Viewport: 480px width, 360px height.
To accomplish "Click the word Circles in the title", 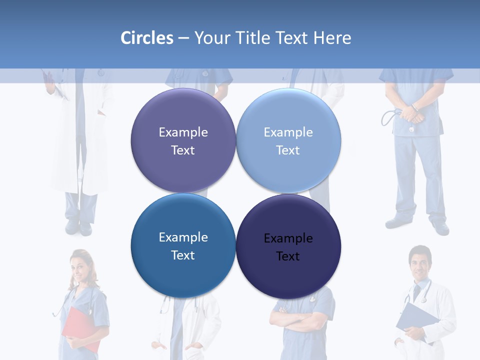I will tap(147, 38).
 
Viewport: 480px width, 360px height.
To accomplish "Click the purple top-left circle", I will tap(183, 140).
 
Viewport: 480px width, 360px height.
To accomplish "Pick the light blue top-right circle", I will tap(288, 140).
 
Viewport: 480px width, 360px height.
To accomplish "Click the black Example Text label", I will tap(288, 247).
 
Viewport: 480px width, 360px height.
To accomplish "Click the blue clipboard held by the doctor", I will tap(417, 320).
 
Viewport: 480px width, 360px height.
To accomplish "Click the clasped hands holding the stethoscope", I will tap(412, 113).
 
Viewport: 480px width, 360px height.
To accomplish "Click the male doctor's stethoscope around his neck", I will tap(424, 292).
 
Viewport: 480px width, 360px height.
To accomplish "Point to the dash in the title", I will tap(183, 38).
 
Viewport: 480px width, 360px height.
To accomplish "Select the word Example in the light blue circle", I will tap(288, 132).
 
